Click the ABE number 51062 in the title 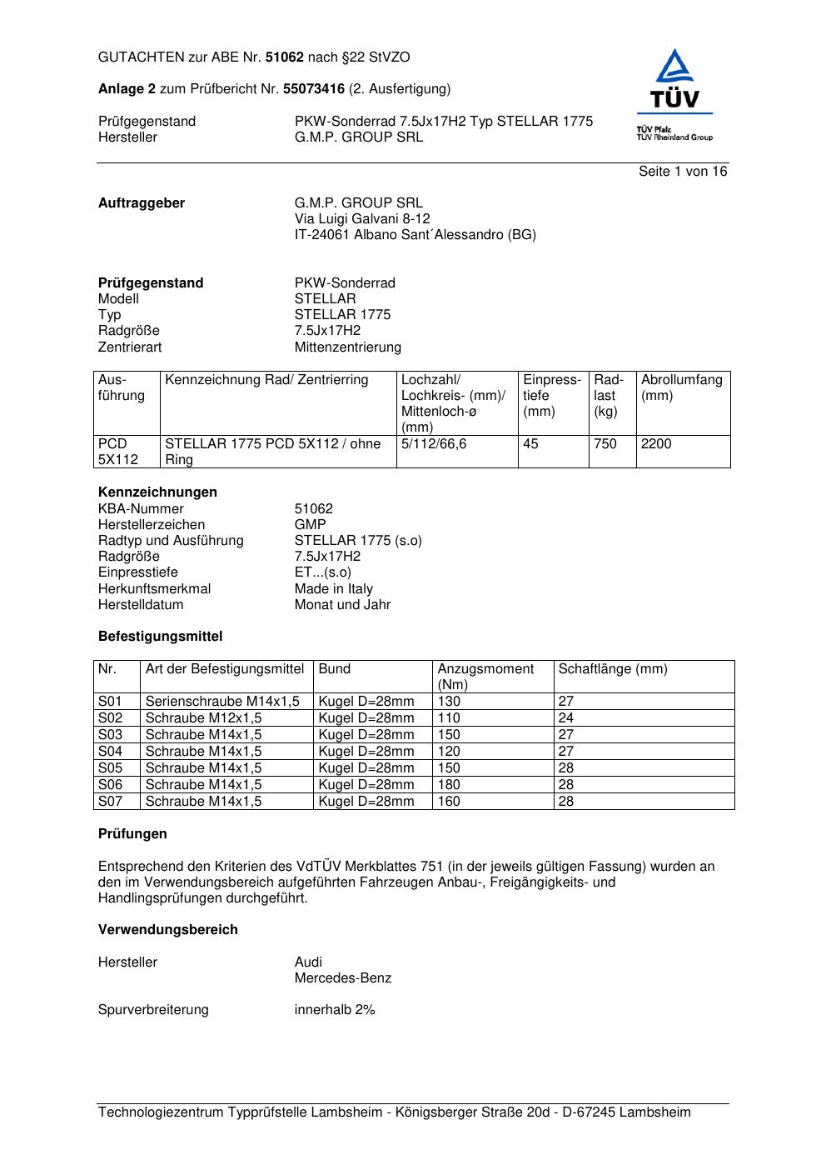[285, 57]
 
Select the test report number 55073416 [314, 89]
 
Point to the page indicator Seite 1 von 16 [683, 172]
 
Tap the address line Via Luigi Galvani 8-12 [362, 219]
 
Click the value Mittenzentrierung [347, 347]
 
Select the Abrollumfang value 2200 [656, 444]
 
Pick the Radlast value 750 [605, 444]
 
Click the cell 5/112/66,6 [434, 444]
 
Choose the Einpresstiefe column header [552, 396]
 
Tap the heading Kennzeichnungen [157, 492]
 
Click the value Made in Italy [333, 589]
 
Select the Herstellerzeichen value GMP [311, 525]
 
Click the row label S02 [110, 718]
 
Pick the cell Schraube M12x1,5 [203, 718]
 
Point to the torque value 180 [449, 785]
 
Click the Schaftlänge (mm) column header [613, 669]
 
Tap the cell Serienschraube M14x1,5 [222, 702]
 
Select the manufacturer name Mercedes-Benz [342, 978]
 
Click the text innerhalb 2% [335, 1010]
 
